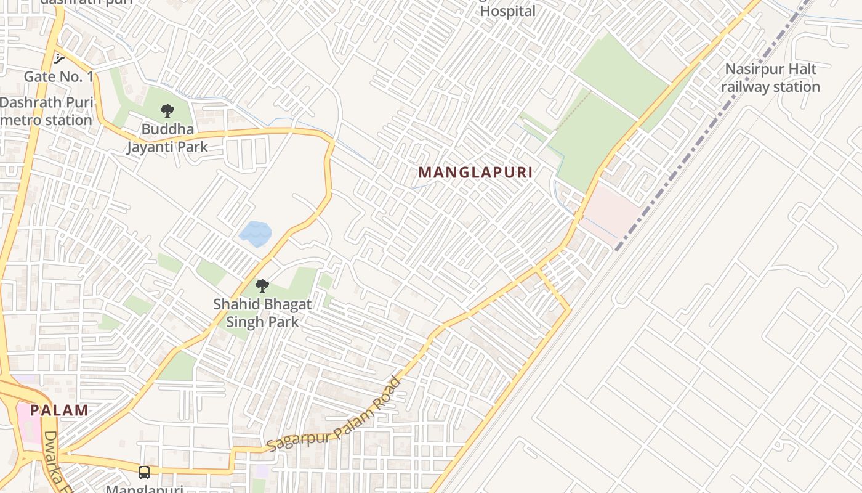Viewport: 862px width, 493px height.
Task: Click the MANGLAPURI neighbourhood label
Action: pos(475,173)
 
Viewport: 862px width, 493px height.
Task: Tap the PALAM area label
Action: pos(59,410)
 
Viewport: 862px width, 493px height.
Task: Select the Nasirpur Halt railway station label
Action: pos(770,78)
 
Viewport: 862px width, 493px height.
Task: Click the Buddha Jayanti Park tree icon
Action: pos(167,111)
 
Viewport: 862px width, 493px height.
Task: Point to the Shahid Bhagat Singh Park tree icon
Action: pos(262,286)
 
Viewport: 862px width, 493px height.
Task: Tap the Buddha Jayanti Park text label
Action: pos(167,139)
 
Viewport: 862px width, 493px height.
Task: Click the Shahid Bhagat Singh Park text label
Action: pos(262,313)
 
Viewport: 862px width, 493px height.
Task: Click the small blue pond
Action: pos(255,233)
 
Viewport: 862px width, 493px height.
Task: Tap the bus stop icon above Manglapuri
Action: pos(144,473)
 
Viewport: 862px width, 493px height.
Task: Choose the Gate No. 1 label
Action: pos(58,77)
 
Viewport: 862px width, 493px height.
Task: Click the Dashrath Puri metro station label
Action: pos(46,112)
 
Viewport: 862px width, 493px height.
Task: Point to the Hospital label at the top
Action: pos(507,10)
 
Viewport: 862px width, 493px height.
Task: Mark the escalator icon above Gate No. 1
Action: pos(58,59)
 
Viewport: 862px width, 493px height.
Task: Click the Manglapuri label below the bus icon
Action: pos(144,489)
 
